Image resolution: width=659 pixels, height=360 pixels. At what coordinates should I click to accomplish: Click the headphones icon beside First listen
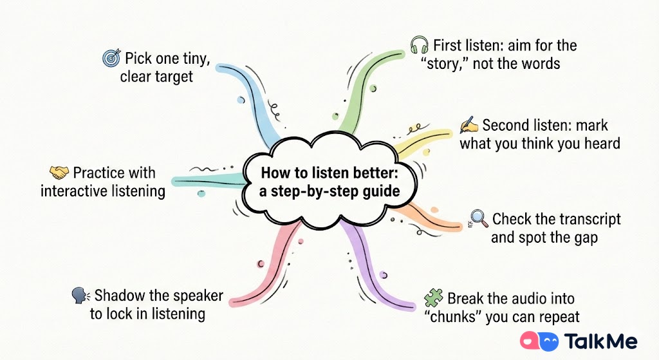click(x=420, y=46)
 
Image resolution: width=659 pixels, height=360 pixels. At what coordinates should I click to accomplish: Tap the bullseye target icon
click(x=111, y=59)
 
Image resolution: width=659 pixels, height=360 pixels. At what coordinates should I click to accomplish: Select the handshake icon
click(x=59, y=173)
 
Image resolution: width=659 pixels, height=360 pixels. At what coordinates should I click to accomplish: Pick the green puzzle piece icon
click(x=433, y=298)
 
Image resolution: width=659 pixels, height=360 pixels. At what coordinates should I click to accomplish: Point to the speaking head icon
click(x=80, y=296)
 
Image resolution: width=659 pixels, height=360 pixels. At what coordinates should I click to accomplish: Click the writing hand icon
click(x=469, y=124)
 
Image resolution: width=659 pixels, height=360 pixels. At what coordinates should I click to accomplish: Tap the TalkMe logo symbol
click(x=538, y=341)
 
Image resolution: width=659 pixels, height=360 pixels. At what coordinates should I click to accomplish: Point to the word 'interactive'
click(x=81, y=191)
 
